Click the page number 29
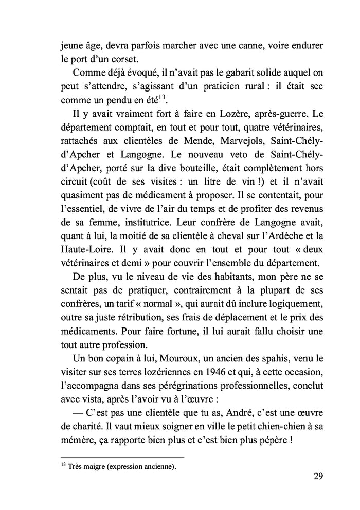(318, 476)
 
